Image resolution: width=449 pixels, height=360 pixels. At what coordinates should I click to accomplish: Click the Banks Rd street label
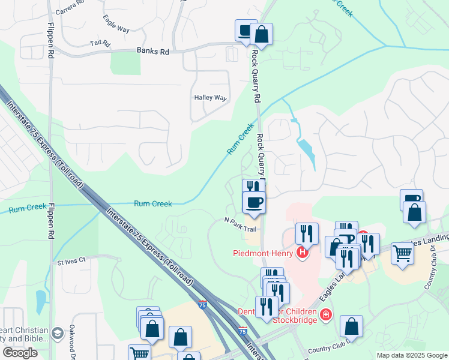tap(152, 52)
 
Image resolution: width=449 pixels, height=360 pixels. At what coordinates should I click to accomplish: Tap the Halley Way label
tap(210, 97)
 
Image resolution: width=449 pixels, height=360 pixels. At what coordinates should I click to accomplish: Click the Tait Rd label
tap(100, 44)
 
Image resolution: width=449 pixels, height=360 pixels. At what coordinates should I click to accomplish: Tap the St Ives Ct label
tap(71, 261)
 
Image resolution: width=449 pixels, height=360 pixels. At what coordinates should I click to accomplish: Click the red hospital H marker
tap(303, 253)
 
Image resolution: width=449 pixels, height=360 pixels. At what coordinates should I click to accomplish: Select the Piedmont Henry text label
tap(262, 253)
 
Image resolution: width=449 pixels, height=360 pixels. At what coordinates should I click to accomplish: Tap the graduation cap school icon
tap(57, 333)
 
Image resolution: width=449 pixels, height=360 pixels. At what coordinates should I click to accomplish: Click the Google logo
tap(20, 353)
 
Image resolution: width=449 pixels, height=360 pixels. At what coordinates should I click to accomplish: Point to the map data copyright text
tap(412, 355)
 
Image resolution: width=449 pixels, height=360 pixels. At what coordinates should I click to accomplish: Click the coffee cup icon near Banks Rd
tap(245, 31)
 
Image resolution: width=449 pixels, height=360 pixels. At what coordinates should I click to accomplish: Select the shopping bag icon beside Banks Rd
tap(262, 34)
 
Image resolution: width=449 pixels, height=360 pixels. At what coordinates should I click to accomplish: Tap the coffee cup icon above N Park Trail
tap(254, 201)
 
